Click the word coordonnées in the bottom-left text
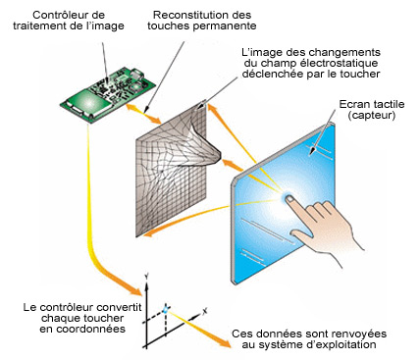click(x=81, y=331)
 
